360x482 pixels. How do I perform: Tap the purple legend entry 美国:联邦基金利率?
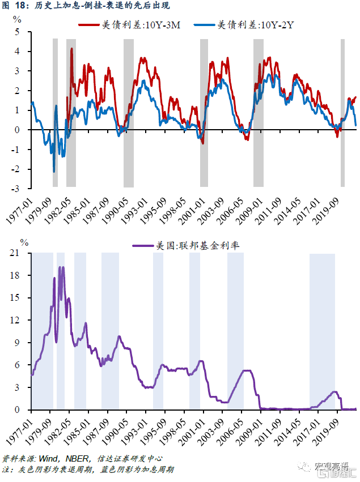click(x=190, y=245)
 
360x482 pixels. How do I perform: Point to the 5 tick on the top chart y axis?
click(x=16, y=32)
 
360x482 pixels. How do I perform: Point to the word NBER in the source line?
click(x=75, y=458)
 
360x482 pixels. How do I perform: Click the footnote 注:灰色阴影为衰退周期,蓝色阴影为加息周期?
click(x=88, y=470)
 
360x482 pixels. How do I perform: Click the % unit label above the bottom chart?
click(x=24, y=242)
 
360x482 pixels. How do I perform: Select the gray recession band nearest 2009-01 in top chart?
click(x=258, y=112)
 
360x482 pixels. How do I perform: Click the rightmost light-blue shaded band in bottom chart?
click(x=321, y=331)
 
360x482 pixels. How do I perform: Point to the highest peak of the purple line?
click(x=62, y=267)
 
